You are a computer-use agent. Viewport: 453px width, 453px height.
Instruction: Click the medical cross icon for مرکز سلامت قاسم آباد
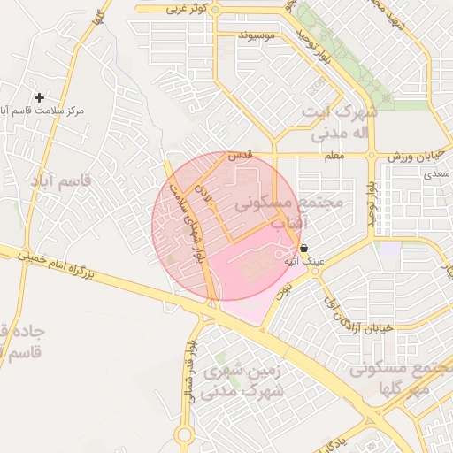38,96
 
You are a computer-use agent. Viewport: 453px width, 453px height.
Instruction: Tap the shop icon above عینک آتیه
304,249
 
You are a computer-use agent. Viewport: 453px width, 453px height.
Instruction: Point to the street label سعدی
441,175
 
